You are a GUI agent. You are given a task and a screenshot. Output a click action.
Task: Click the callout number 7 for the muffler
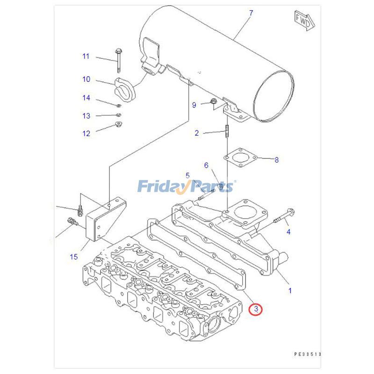pyautogui.click(x=251, y=13)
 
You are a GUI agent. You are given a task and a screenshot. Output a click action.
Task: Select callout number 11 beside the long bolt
pyautogui.click(x=86, y=57)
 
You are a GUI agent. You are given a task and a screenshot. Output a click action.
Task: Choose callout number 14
pyautogui.click(x=86, y=98)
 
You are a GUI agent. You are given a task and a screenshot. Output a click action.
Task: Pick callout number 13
pyautogui.click(x=86, y=115)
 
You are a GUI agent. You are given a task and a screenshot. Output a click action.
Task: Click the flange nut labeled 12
pyautogui.click(x=118, y=124)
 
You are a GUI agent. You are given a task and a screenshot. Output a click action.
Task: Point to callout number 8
pyautogui.click(x=276, y=160)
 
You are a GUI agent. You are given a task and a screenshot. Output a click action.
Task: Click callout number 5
pyautogui.click(x=187, y=175)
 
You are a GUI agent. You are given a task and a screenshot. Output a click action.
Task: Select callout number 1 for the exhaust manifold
pyautogui.click(x=289, y=290)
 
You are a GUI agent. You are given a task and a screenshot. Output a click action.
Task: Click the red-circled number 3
pyautogui.click(x=256, y=309)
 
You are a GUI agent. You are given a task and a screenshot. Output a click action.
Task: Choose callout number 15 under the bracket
pyautogui.click(x=73, y=256)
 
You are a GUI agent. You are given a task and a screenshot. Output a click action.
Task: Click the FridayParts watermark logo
pyautogui.click(x=186, y=187)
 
